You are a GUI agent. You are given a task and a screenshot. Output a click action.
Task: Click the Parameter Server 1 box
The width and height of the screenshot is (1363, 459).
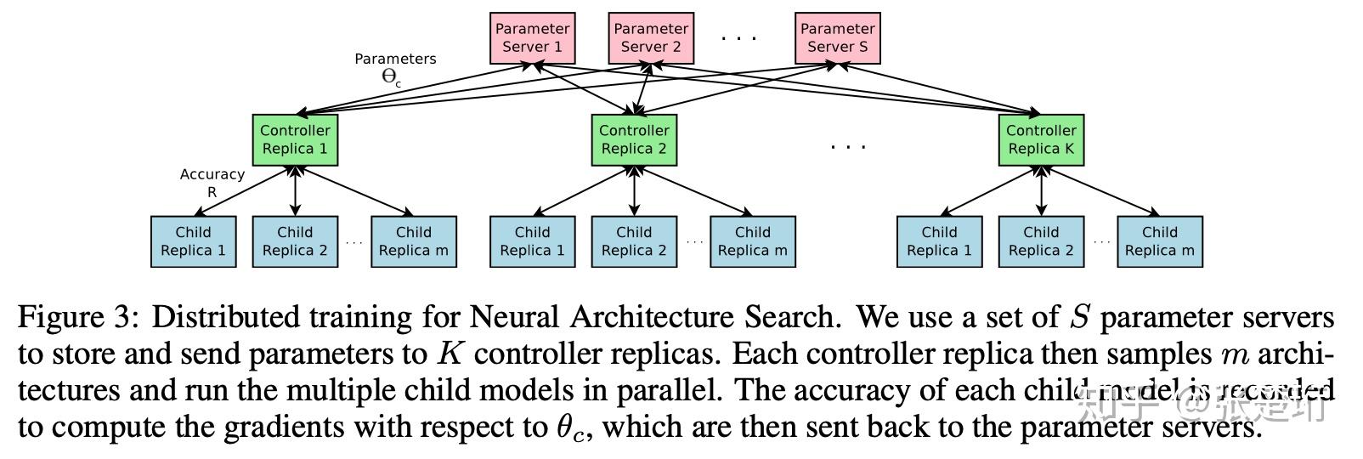[532, 38]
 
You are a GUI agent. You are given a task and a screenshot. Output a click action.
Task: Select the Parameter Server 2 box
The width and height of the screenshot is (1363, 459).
[651, 38]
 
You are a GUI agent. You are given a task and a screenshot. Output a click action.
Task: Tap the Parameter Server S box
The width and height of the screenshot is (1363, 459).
[837, 38]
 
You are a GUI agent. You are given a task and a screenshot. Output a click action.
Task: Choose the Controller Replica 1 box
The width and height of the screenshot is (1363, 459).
[295, 140]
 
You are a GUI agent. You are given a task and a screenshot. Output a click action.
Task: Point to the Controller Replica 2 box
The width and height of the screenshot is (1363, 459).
[634, 140]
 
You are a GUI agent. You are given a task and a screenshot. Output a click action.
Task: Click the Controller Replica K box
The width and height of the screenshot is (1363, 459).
[1041, 140]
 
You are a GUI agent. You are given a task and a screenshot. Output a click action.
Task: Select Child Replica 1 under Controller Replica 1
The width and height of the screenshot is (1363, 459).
[193, 241]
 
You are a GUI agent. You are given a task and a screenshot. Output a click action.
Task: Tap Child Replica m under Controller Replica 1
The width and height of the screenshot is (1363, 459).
[413, 241]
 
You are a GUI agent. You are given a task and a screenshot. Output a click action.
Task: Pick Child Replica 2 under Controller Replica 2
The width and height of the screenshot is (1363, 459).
[634, 241]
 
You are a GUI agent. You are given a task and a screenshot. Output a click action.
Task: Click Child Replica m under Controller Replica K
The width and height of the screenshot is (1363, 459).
[1159, 241]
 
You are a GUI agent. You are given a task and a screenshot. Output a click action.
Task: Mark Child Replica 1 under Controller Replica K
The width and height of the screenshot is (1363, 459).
[939, 241]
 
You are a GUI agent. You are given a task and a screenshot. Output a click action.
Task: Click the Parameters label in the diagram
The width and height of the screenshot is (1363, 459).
[395, 59]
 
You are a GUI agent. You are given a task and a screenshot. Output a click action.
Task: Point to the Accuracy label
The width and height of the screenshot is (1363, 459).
[212, 174]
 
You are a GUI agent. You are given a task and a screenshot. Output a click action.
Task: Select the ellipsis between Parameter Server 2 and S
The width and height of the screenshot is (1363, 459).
[738, 38]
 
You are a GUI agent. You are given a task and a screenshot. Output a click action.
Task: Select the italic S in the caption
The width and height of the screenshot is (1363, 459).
[1079, 318]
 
